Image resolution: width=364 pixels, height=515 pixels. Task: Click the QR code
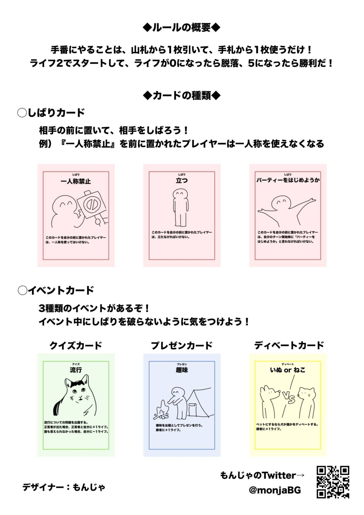click(x=333, y=482)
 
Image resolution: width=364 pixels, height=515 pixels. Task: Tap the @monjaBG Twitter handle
click(x=275, y=490)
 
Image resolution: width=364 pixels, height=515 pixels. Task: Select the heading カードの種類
click(x=182, y=95)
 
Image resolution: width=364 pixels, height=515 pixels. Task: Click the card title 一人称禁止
click(x=76, y=181)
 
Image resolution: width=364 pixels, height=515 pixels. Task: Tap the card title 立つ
click(x=182, y=181)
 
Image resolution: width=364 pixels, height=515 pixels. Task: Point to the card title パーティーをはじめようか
click(x=288, y=180)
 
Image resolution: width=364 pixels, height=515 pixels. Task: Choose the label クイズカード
click(x=76, y=345)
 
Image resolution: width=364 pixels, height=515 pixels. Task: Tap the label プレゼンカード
click(x=182, y=345)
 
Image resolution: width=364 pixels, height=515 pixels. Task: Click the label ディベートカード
click(x=289, y=345)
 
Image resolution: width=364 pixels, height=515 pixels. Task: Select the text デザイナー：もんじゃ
click(x=64, y=487)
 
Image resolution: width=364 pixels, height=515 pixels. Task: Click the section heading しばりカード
click(x=52, y=113)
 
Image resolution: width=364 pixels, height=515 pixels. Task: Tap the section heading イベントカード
click(x=56, y=290)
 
